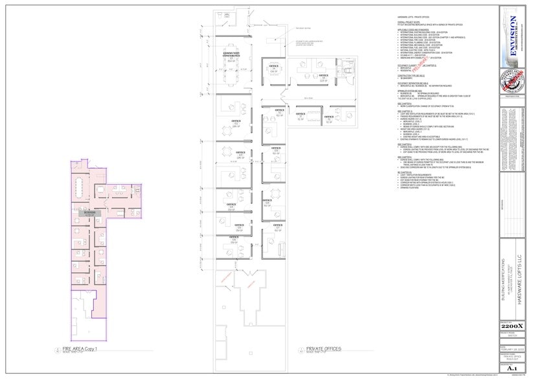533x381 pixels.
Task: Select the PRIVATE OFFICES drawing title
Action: (324, 350)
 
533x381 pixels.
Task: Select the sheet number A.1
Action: (513, 369)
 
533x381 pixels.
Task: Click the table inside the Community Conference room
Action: (232, 73)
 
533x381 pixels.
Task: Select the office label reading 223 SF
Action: (304, 80)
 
